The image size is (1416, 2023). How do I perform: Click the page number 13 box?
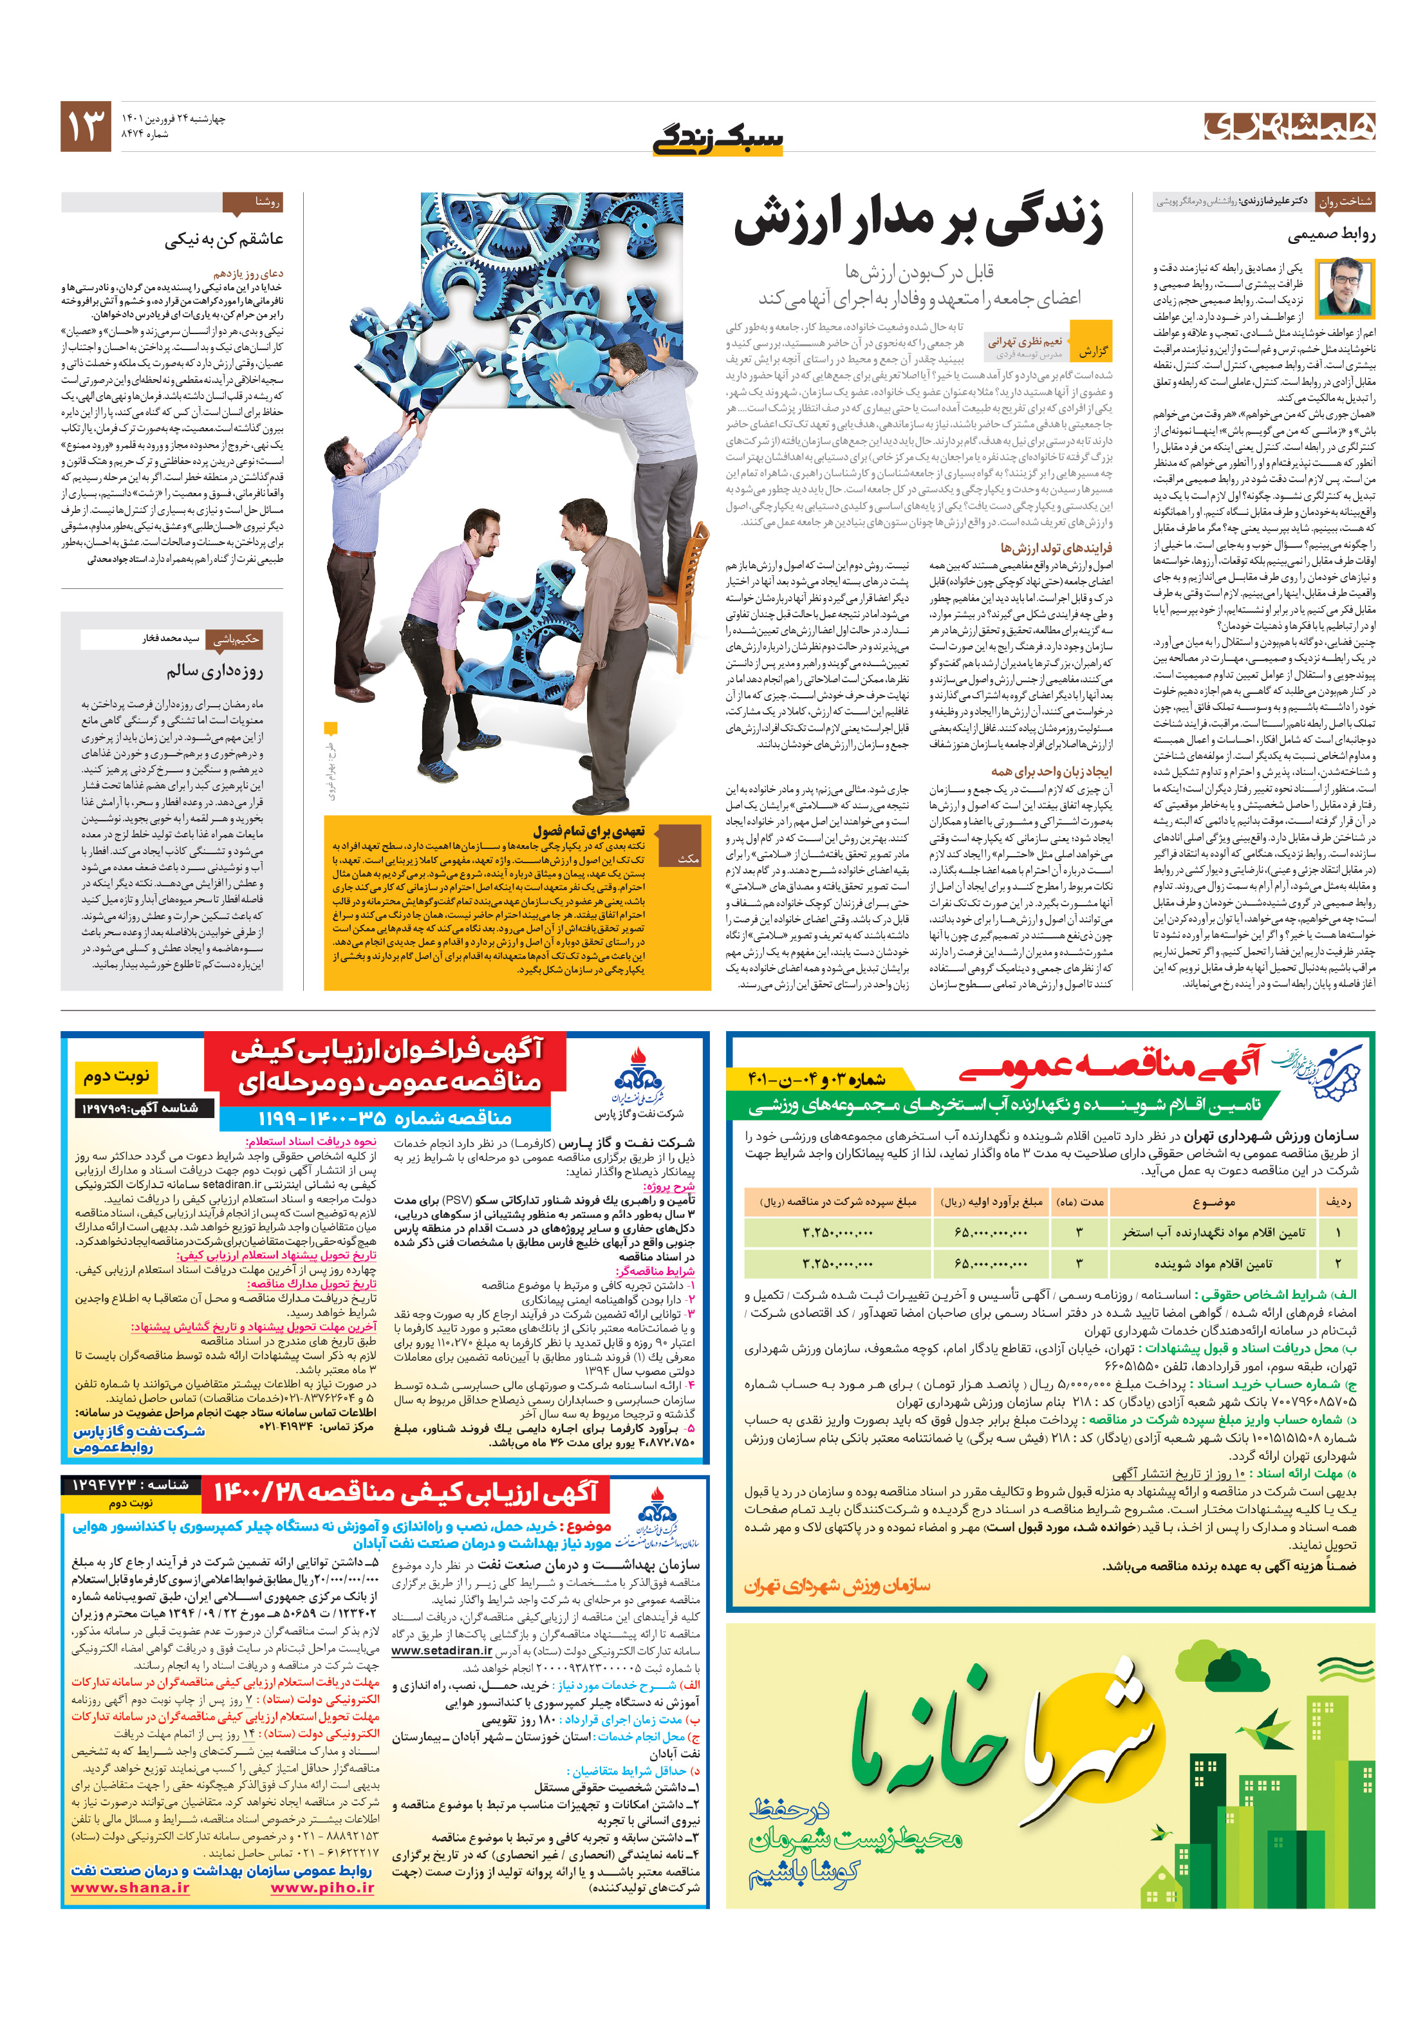(x=86, y=126)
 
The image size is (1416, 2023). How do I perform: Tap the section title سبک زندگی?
(x=716, y=138)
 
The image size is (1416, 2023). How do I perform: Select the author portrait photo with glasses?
(x=1345, y=287)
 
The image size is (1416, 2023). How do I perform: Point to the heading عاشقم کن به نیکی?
(x=224, y=239)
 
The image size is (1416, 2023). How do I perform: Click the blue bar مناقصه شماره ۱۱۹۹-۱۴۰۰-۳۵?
(x=385, y=1118)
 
